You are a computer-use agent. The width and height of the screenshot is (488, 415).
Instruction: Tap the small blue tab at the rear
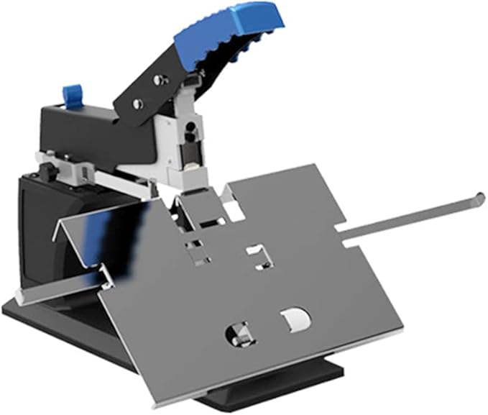(x=72, y=95)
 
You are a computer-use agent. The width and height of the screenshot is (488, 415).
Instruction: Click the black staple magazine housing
(x=79, y=132)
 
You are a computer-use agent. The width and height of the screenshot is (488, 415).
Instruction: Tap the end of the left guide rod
(x=20, y=296)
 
